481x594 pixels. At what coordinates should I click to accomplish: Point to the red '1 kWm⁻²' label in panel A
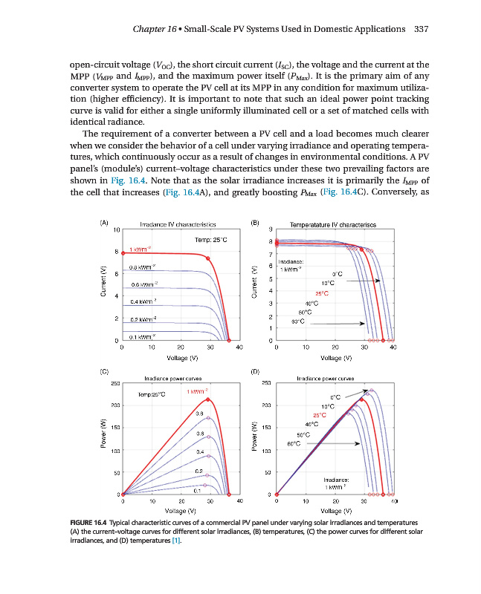pos(141,248)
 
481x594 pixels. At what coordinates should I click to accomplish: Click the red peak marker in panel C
pos(207,399)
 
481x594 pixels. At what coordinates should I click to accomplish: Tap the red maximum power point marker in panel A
pos(207,258)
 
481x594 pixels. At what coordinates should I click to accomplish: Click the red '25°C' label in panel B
pos(322,294)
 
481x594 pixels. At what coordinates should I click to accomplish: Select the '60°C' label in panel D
pos(293,443)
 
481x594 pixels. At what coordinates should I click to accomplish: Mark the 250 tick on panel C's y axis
pos(115,383)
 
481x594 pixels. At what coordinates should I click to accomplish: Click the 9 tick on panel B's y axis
pos(270,229)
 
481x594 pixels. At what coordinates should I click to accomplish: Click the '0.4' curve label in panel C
pos(200,451)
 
